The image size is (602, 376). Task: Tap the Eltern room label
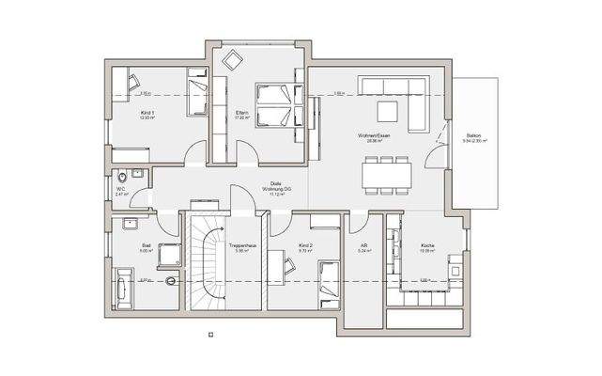(241, 115)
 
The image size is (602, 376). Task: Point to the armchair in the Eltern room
(231, 59)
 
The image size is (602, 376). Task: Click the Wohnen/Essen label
(372, 136)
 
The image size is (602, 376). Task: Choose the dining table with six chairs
(388, 174)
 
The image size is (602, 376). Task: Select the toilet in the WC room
(123, 179)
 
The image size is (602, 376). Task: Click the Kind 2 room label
(304, 249)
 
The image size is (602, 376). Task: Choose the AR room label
(363, 249)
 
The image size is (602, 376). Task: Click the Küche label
(426, 249)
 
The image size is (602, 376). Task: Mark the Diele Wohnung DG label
(276, 187)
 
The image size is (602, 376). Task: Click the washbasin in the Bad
(129, 224)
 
